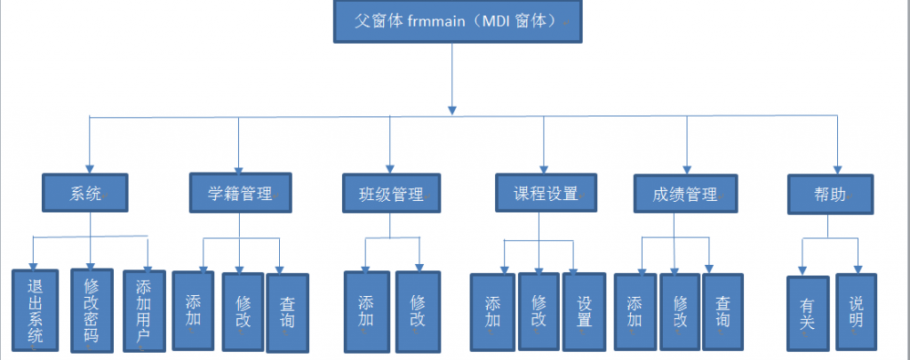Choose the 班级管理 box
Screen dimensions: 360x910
point(391,194)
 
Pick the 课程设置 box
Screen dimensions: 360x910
point(545,194)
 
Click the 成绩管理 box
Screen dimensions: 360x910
point(686,194)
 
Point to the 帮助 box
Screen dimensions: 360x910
point(830,194)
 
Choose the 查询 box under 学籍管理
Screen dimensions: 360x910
point(286,310)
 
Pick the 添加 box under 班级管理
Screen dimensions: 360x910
point(366,310)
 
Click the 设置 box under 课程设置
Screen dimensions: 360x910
point(583,312)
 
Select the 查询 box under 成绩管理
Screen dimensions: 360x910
point(723,310)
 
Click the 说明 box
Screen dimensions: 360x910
point(856,310)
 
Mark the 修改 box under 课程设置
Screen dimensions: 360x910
point(538,312)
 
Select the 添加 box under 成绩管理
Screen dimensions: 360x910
point(635,310)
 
